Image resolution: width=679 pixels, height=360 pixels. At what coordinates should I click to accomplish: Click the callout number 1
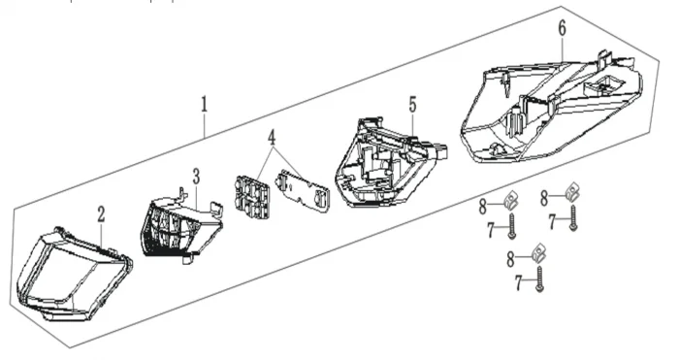coord(204,105)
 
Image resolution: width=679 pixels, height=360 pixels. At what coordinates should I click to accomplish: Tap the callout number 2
coord(101,214)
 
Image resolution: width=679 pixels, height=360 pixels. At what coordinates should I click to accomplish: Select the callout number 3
coord(197,177)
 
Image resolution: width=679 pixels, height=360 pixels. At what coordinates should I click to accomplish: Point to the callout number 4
coord(272,138)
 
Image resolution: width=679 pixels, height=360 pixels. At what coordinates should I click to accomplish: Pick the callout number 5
coord(412,105)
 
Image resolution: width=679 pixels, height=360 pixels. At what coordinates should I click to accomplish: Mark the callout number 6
coord(562,28)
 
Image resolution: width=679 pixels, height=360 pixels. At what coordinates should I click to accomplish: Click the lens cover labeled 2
coord(74,275)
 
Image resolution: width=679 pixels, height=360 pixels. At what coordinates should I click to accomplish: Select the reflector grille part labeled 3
coord(182,227)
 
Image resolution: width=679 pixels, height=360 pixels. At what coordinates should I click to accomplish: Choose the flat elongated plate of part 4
coord(303,190)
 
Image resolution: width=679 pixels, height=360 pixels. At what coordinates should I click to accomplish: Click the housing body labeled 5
coord(388,162)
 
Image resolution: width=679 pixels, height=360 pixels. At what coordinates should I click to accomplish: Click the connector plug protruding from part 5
coord(438,150)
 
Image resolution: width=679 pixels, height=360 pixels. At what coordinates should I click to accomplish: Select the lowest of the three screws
coord(539,279)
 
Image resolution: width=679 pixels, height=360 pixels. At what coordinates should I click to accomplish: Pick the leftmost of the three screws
coord(511,226)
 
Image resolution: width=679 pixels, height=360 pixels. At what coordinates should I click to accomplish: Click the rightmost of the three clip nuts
coord(572,192)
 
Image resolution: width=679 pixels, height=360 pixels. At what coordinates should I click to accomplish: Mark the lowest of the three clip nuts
coord(538,253)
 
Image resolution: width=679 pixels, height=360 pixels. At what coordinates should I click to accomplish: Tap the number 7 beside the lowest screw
coord(519,283)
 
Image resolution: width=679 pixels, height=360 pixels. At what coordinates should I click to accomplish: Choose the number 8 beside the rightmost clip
coord(544,198)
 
